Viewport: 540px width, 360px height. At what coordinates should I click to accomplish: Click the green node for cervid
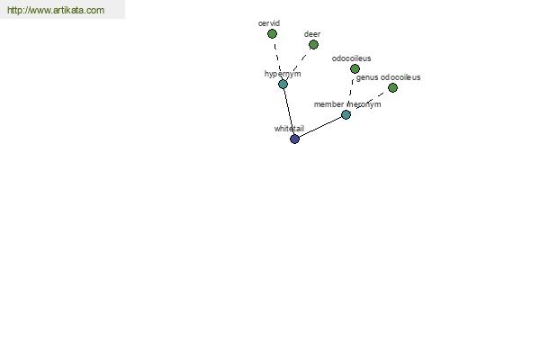click(x=272, y=34)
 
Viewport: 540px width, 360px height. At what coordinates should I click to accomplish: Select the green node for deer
click(x=313, y=44)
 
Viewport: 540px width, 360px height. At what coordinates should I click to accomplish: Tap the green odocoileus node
click(x=355, y=69)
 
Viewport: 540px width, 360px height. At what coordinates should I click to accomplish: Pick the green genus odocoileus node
click(x=392, y=88)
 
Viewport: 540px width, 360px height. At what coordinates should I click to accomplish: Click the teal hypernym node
click(x=283, y=84)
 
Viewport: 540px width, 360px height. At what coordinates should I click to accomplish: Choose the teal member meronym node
click(x=346, y=114)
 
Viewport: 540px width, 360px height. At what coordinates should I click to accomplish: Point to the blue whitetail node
click(x=294, y=139)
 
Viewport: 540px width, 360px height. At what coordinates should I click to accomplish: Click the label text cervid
click(x=269, y=23)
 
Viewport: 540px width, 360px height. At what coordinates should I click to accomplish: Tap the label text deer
click(x=312, y=34)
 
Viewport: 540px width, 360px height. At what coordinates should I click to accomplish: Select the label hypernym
click(x=283, y=74)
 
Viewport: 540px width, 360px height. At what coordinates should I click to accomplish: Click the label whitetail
click(x=289, y=129)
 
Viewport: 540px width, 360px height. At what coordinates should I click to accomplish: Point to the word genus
click(x=367, y=78)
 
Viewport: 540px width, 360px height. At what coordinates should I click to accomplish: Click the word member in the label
click(x=328, y=104)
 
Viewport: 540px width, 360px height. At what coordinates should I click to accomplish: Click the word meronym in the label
click(x=364, y=104)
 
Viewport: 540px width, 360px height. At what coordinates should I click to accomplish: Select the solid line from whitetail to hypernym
click(x=289, y=112)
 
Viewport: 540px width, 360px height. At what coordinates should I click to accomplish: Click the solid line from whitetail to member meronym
click(x=320, y=127)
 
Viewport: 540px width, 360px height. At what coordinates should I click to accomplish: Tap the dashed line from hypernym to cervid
click(x=277, y=58)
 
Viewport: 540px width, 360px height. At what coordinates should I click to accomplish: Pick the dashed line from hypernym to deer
click(x=298, y=64)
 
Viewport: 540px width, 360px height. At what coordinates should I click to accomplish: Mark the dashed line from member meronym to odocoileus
click(x=351, y=92)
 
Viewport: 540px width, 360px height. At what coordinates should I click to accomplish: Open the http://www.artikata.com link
click(x=56, y=10)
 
